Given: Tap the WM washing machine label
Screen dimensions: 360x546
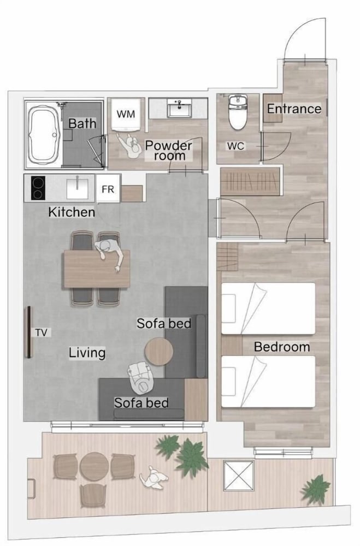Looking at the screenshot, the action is pyautogui.click(x=126, y=114).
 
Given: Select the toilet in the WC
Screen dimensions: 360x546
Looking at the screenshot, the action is pyautogui.click(x=238, y=111).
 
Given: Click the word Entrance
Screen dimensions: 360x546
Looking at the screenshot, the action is pyautogui.click(x=294, y=109).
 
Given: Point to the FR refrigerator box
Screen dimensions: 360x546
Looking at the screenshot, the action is pyautogui.click(x=108, y=189).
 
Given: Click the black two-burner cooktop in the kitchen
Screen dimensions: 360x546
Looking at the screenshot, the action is pyautogui.click(x=38, y=188).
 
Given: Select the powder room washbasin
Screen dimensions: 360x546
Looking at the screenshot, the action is pyautogui.click(x=179, y=108).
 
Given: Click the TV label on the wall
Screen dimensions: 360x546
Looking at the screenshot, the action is pyautogui.click(x=41, y=333).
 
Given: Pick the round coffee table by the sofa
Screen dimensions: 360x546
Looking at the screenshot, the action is pyautogui.click(x=159, y=351).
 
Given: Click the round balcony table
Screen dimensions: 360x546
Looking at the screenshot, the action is pyautogui.click(x=94, y=467).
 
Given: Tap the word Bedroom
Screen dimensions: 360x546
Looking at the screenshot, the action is pyautogui.click(x=281, y=347).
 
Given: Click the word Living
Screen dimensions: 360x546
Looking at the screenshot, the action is pyautogui.click(x=87, y=352).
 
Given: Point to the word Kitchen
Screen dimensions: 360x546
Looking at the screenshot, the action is pyautogui.click(x=72, y=212).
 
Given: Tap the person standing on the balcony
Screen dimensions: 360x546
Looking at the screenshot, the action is pyautogui.click(x=154, y=477).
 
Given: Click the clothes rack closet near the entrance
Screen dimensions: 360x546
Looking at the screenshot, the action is pyautogui.click(x=251, y=181).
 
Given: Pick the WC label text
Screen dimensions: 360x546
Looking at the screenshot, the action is pyautogui.click(x=235, y=146).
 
